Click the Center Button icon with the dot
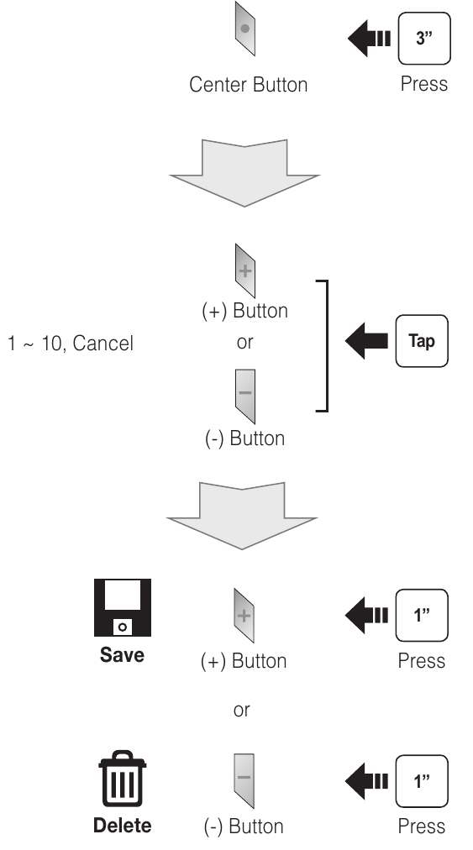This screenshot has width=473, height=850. pyautogui.click(x=245, y=29)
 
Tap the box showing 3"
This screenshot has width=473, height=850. pyautogui.click(x=424, y=39)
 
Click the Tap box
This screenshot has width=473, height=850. pyautogui.click(x=422, y=341)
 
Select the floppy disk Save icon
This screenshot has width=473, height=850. pyautogui.click(x=123, y=608)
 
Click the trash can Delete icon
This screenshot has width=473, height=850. pyautogui.click(x=123, y=779)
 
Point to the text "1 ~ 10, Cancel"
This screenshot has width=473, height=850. pyautogui.click(x=71, y=344)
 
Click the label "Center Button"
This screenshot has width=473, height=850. pyautogui.click(x=249, y=85)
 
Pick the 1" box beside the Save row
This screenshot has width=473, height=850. pyautogui.click(x=422, y=616)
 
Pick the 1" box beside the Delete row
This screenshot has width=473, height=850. pyautogui.click(x=422, y=781)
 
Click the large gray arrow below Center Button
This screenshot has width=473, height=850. pyautogui.click(x=244, y=173)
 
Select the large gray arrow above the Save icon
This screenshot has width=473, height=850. pyautogui.click(x=242, y=516)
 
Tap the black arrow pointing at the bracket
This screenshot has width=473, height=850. pyautogui.click(x=366, y=341)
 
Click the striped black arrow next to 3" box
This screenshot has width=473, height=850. pyautogui.click(x=369, y=39)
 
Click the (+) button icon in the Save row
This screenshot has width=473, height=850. pyautogui.click(x=244, y=616)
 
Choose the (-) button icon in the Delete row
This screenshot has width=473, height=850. pyautogui.click(x=244, y=781)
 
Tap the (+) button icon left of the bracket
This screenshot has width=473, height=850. pyautogui.click(x=245, y=271)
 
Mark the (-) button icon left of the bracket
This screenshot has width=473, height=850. pyautogui.click(x=245, y=396)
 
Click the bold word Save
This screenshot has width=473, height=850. pyautogui.click(x=122, y=655)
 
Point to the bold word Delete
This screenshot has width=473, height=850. pyautogui.click(x=123, y=826)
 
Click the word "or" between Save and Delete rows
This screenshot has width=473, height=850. pyautogui.click(x=242, y=710)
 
